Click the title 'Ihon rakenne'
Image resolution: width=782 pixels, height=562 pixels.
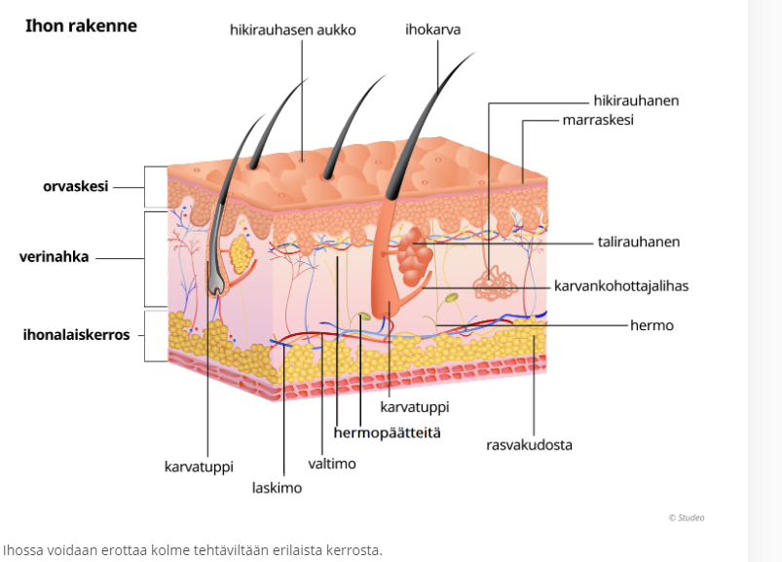[81, 26]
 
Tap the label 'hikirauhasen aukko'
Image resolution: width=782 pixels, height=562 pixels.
[292, 30]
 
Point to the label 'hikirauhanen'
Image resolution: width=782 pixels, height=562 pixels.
[636, 100]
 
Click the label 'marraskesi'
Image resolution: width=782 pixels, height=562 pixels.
[598, 120]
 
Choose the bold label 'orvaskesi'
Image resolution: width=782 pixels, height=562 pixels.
[75, 186]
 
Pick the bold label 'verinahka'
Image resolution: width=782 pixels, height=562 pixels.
[55, 258]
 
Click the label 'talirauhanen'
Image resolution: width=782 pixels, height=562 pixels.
[639, 242]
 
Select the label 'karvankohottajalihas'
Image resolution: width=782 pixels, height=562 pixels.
[620, 286]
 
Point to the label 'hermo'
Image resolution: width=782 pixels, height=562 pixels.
[652, 325]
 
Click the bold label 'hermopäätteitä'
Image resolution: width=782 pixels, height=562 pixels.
[387, 431]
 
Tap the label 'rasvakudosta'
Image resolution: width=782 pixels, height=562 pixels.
[529, 445]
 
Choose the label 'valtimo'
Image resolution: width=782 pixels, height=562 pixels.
[332, 464]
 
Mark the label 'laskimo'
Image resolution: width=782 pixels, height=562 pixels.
[277, 488]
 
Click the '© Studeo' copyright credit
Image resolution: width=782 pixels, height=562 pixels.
[686, 517]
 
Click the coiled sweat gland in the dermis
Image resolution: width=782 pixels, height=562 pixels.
[492, 283]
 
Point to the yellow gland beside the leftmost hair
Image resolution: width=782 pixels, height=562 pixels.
[240, 255]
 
